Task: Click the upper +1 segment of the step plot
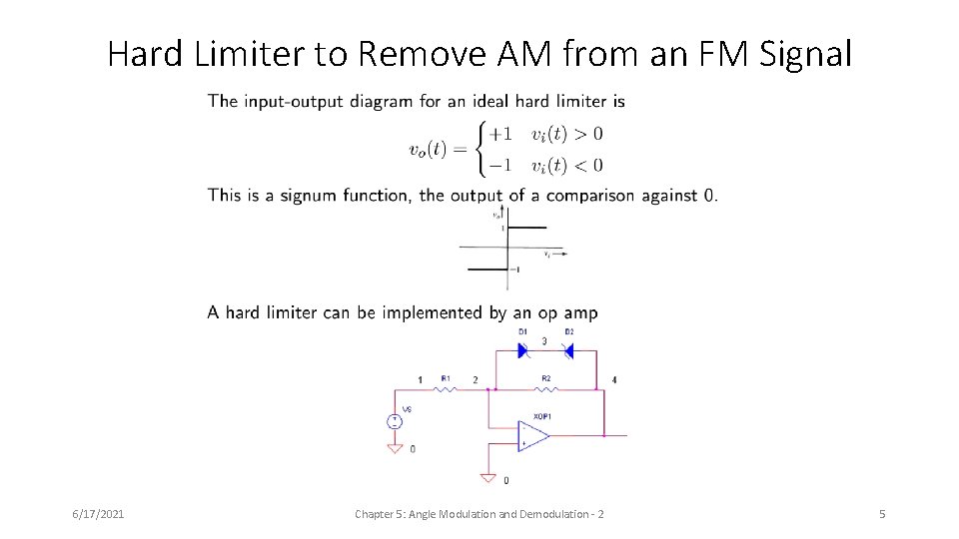click(x=527, y=228)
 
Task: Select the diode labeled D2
click(x=568, y=351)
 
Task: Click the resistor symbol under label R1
click(x=446, y=389)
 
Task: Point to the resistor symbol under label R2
click(x=545, y=389)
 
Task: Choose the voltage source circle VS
click(x=395, y=421)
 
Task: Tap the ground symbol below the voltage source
click(x=395, y=449)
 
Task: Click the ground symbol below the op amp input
click(x=487, y=478)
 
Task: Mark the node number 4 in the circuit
click(x=614, y=380)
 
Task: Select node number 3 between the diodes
click(x=543, y=341)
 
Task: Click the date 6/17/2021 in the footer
click(x=98, y=514)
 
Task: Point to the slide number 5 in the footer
click(x=882, y=514)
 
